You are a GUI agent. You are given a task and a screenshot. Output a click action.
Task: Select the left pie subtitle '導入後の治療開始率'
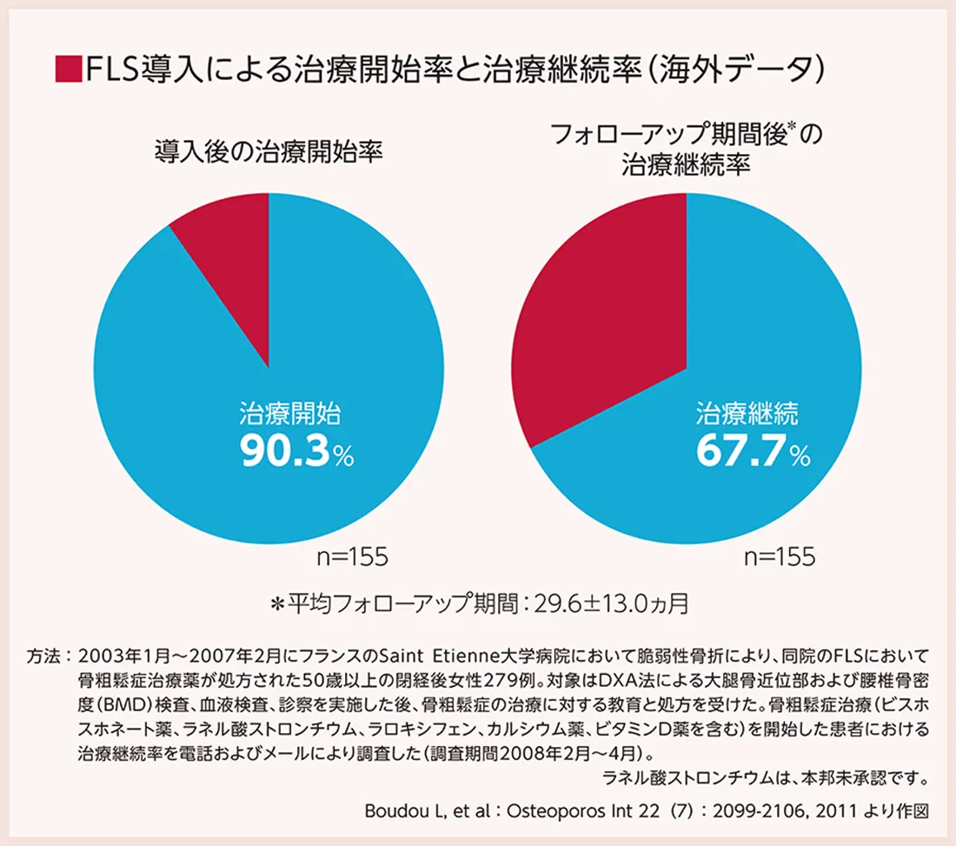tap(269, 152)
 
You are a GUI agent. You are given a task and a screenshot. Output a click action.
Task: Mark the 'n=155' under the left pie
tap(352, 557)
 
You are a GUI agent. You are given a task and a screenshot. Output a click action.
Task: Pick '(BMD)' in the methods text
tap(110, 701)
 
